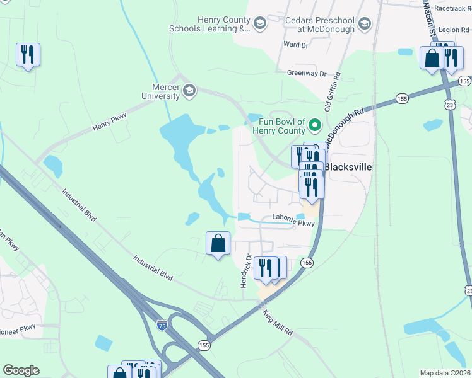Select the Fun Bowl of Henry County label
279,125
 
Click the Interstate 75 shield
162,325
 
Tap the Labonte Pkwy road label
293,218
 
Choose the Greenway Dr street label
306,73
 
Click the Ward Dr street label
296,45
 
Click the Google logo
21,370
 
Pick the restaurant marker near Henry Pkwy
28,54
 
